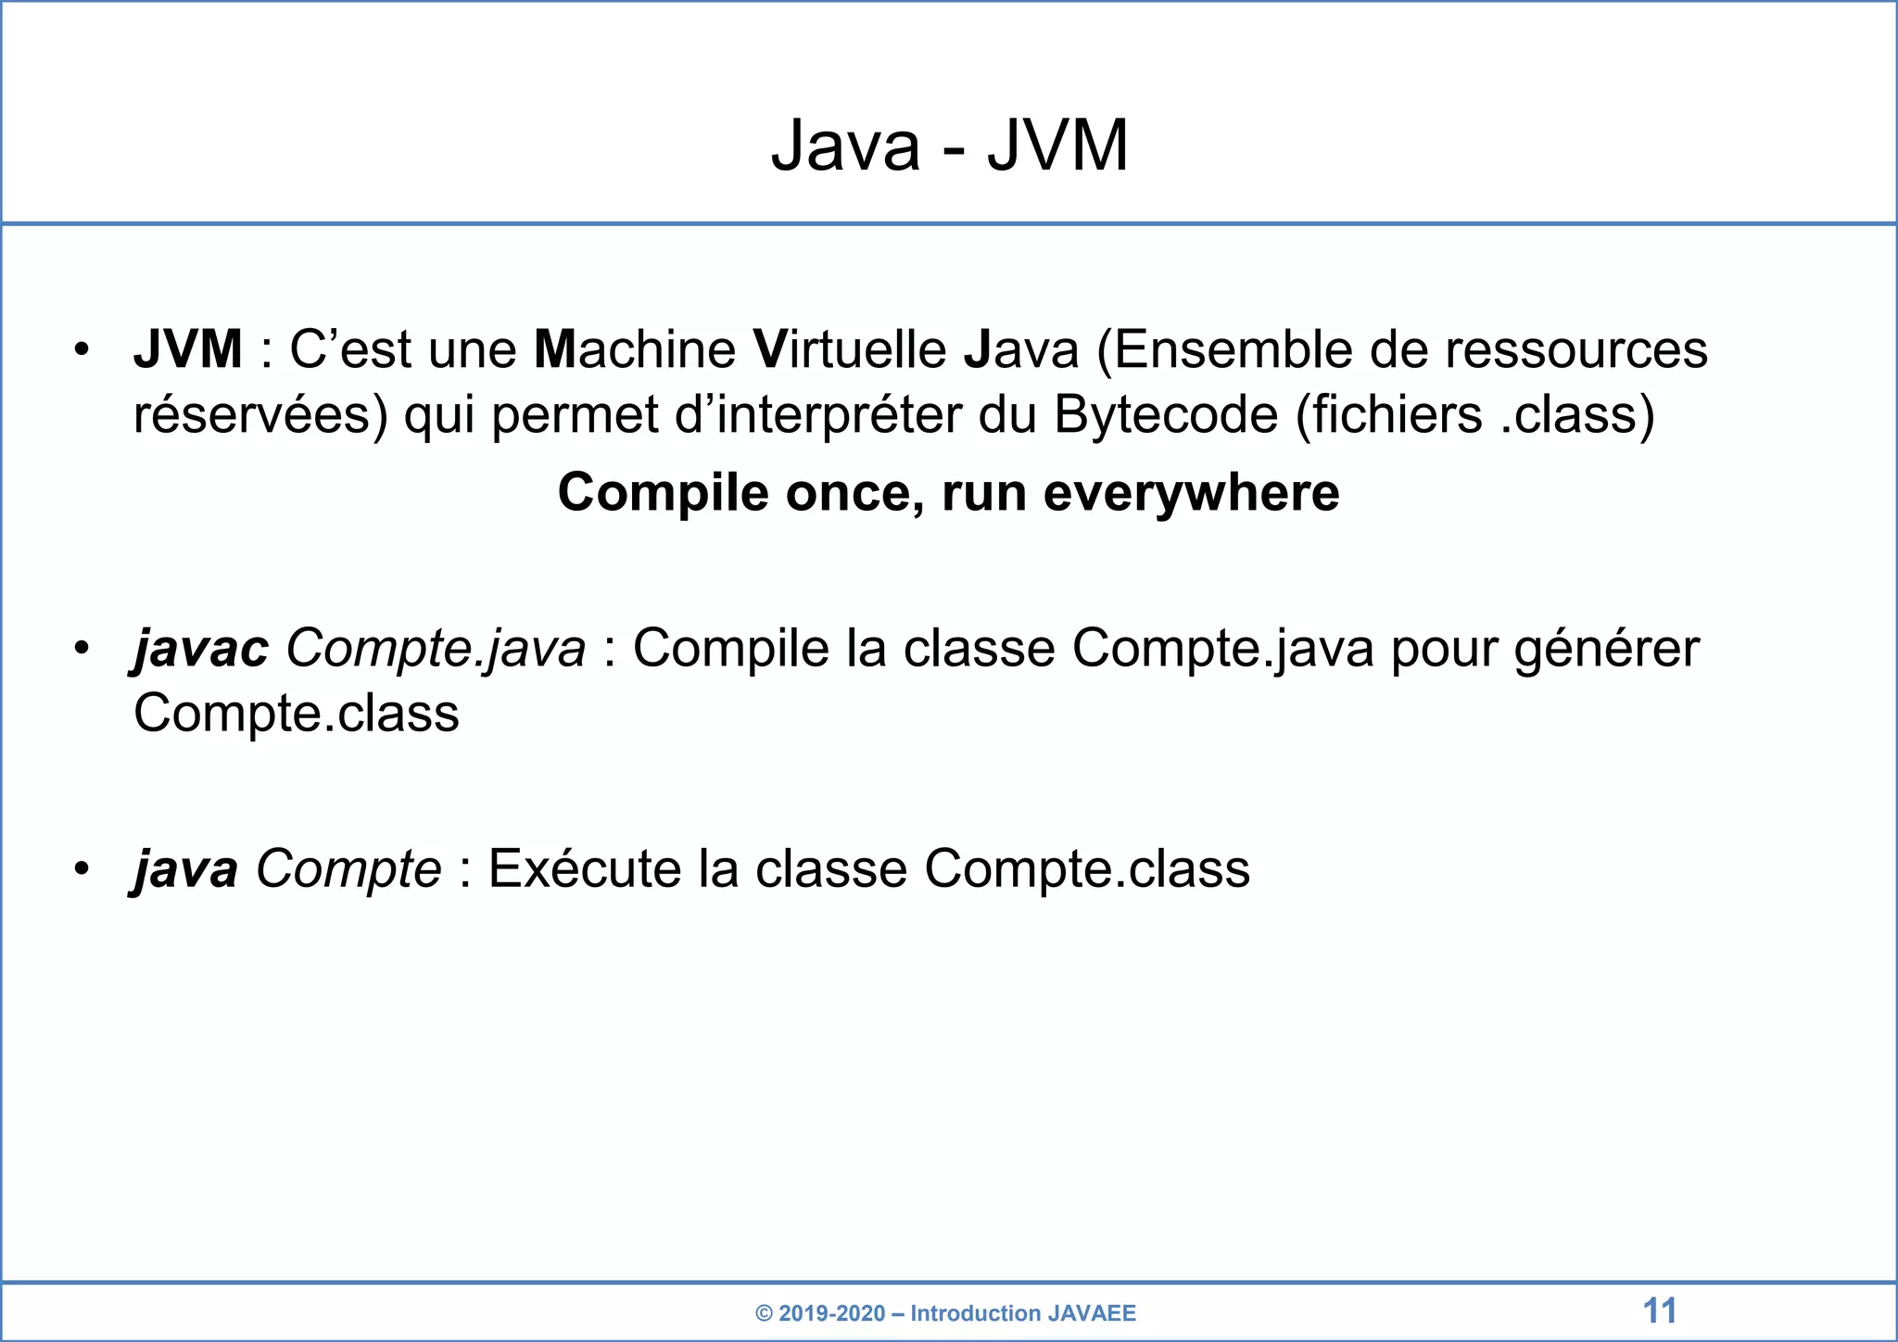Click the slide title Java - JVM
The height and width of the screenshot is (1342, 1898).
click(949, 146)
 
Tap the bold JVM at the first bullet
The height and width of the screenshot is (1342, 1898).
click(188, 349)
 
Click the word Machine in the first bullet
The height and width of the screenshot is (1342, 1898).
click(635, 349)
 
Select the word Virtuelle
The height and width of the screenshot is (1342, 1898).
click(850, 349)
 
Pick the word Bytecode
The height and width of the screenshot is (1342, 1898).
click(1166, 414)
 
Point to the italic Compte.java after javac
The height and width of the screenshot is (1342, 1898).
click(436, 648)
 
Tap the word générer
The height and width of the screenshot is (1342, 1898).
click(1607, 650)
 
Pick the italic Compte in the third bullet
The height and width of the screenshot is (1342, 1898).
click(348, 869)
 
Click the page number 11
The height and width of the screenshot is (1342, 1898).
click(1660, 1311)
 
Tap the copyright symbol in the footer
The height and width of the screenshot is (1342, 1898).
click(765, 1313)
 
